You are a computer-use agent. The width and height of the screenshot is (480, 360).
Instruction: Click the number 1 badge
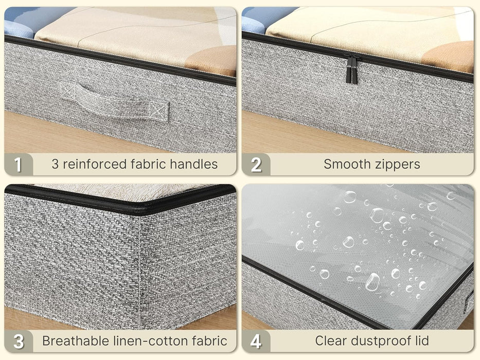tap(19, 165)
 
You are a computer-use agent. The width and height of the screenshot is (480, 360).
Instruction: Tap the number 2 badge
tap(256, 165)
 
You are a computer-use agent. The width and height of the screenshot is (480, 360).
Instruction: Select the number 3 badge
tap(19, 341)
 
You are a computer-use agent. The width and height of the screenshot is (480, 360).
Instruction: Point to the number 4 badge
tap(256, 341)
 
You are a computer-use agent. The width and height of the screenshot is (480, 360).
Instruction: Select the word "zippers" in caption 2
tap(398, 165)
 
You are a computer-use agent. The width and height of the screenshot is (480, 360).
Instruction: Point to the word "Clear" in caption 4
tap(332, 341)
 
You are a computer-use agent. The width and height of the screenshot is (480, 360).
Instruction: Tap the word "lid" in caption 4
tap(422, 341)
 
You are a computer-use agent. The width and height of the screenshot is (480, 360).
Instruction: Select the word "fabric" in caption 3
tap(209, 341)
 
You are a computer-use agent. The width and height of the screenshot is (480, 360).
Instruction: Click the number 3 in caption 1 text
tap(55, 165)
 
